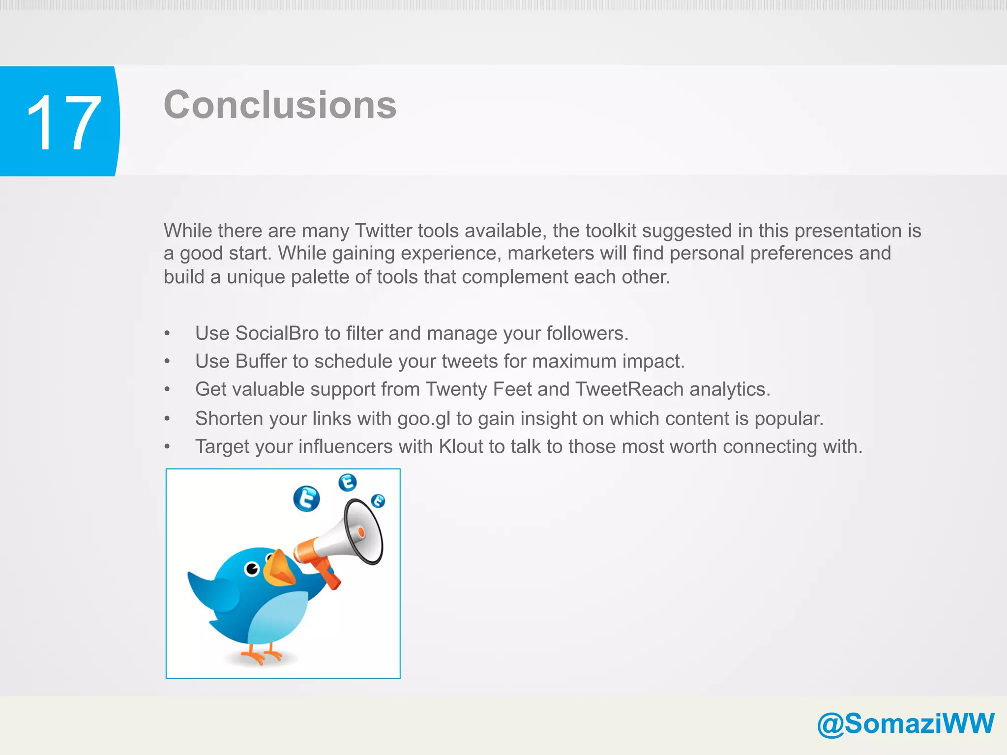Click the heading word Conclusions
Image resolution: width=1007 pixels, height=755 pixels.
pyautogui.click(x=280, y=105)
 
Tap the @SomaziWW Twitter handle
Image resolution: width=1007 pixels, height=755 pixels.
pyautogui.click(x=905, y=724)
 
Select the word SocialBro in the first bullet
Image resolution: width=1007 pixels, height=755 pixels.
pyautogui.click(x=277, y=333)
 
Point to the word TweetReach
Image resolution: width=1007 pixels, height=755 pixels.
pyautogui.click(x=629, y=389)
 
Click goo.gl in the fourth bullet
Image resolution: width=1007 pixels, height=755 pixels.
pyautogui.click(x=423, y=419)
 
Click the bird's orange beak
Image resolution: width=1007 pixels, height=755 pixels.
pyautogui.click(x=279, y=568)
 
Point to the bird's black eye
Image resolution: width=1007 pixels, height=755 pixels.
pyautogui.click(x=252, y=569)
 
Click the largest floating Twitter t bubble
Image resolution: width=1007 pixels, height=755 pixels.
pyautogui.click(x=306, y=498)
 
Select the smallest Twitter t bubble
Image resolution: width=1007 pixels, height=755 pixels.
pyautogui.click(x=378, y=501)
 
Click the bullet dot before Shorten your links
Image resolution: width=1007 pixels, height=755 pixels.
pyautogui.click(x=167, y=419)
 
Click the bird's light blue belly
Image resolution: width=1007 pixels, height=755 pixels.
pyautogui.click(x=278, y=617)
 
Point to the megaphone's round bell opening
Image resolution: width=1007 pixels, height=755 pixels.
pyautogui.click(x=364, y=531)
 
